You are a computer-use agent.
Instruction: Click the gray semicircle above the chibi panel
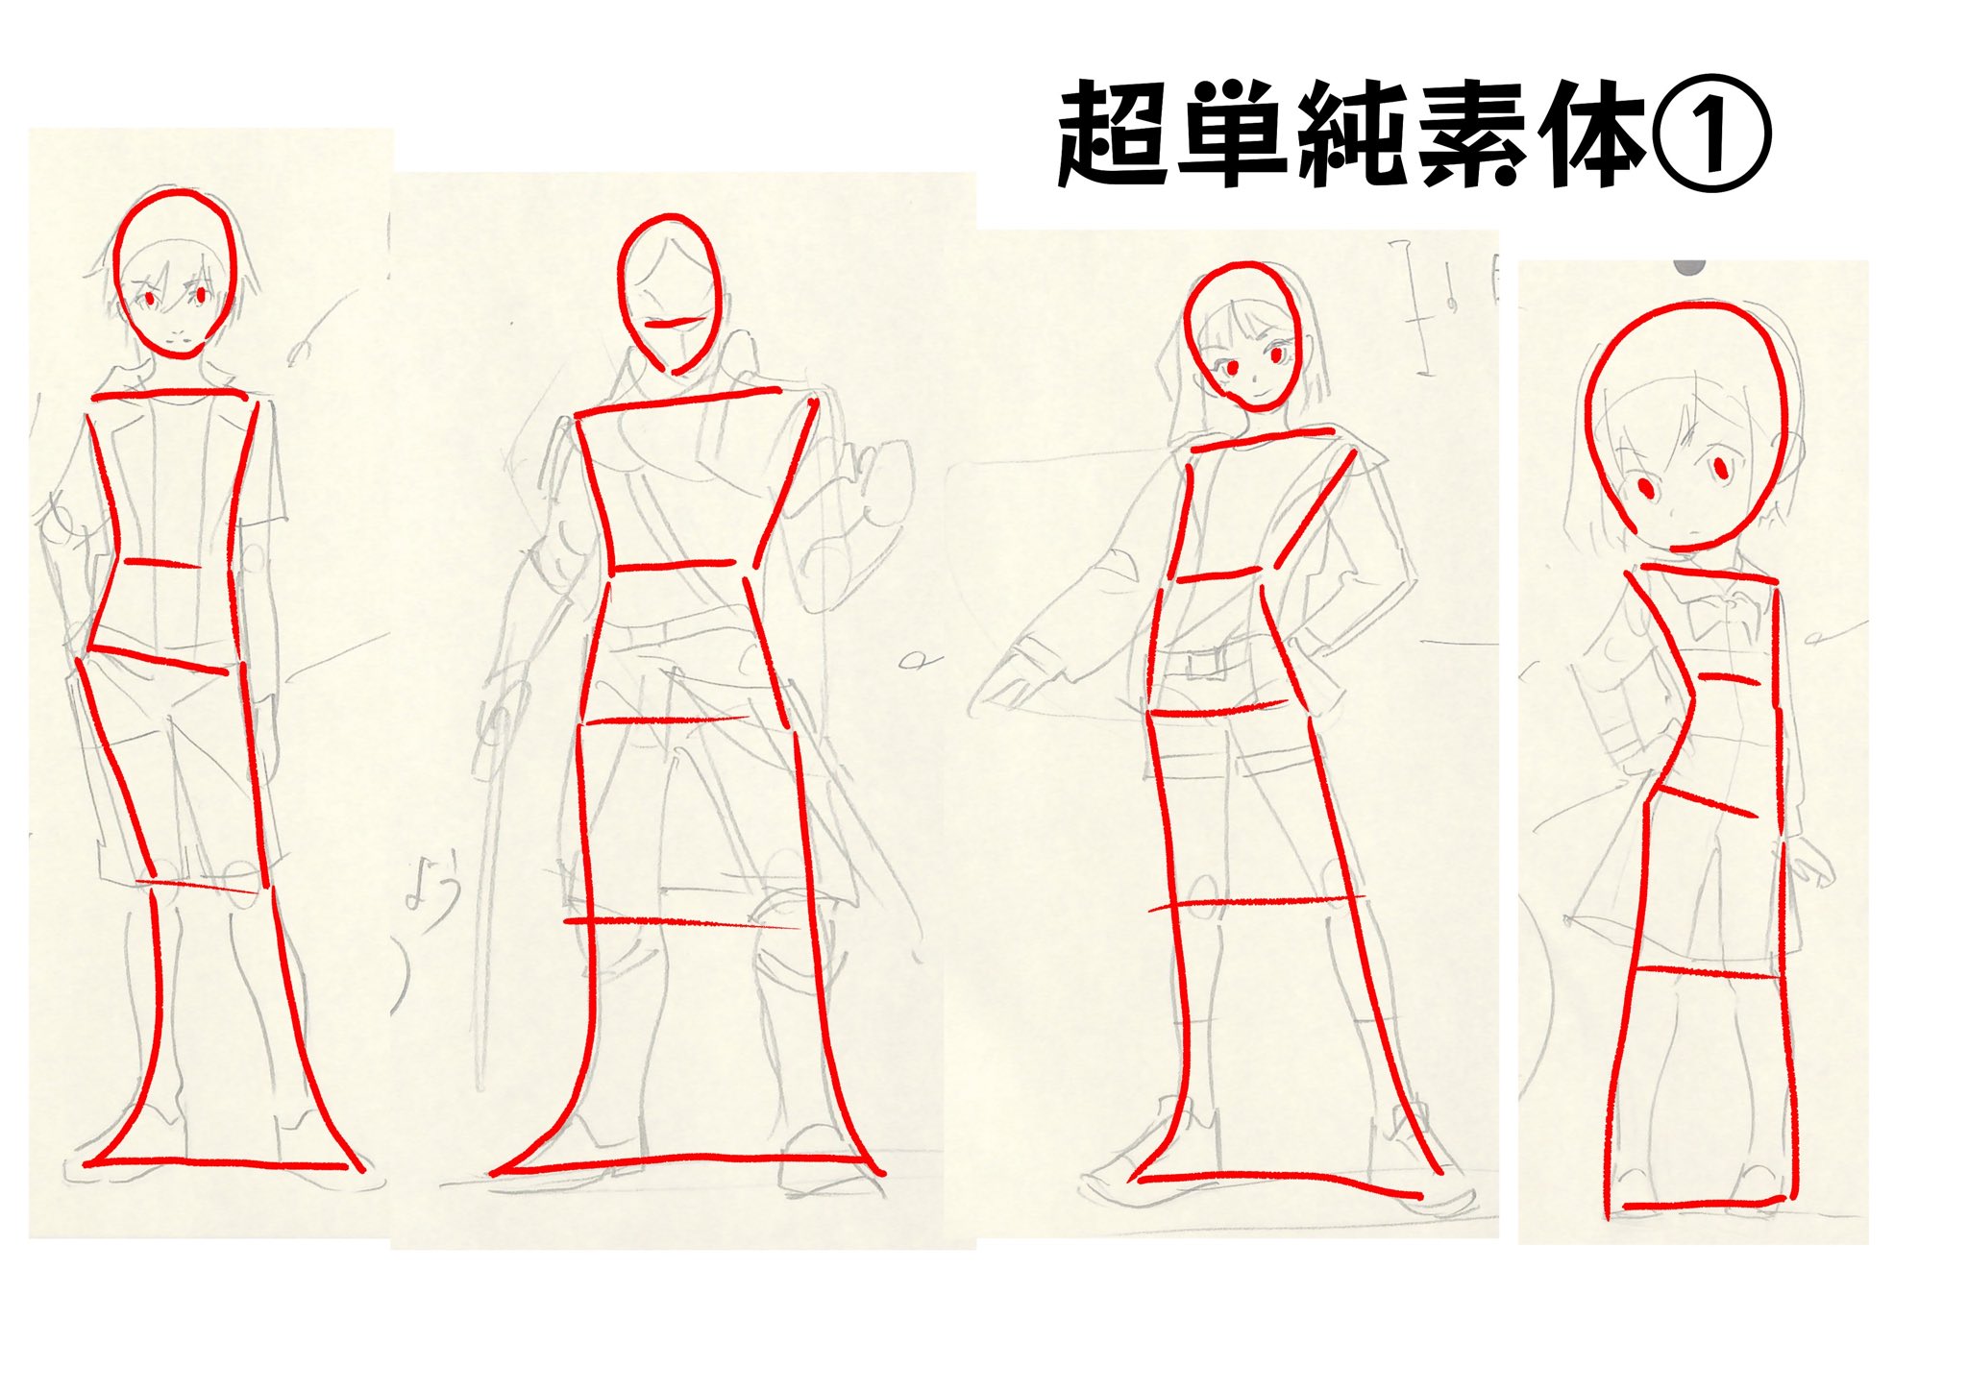pos(1688,266)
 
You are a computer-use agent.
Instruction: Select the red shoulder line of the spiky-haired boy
pos(169,394)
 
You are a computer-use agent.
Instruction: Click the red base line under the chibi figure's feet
pos(1704,1203)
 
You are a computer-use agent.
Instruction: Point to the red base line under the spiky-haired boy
pos(215,1164)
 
